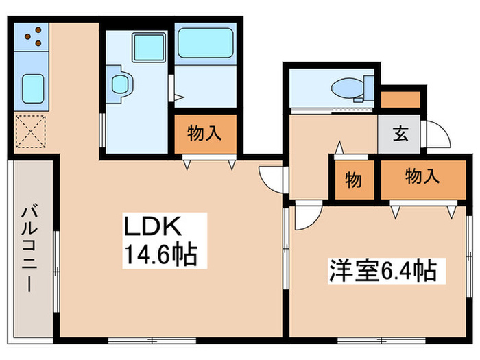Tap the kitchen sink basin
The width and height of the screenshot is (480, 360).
tap(31, 88)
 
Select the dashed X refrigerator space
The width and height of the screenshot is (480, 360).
tap(31, 132)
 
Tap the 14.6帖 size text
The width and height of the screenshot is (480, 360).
tap(160, 255)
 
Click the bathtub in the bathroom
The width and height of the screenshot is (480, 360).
tap(205, 43)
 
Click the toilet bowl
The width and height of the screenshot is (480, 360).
tap(348, 88)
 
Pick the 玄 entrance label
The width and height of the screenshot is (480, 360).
tap(400, 133)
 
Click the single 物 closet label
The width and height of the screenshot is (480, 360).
tap(353, 181)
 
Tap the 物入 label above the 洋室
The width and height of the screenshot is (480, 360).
tap(421, 177)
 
